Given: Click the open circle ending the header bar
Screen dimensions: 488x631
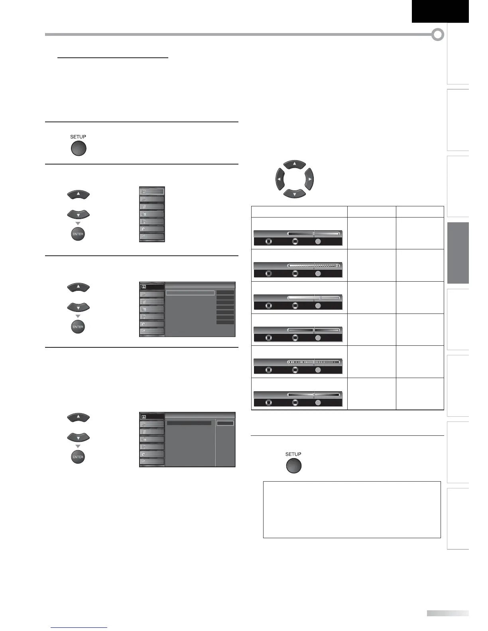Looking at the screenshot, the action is click(438, 35).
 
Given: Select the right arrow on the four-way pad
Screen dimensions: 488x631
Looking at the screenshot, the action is click(309, 179).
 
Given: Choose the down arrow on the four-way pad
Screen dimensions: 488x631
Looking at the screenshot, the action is click(294, 194).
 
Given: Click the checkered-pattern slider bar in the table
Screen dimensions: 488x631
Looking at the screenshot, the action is click(313, 266).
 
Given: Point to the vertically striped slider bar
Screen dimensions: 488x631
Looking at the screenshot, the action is click(313, 362).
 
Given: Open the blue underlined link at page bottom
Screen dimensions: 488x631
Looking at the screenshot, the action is click(79, 627).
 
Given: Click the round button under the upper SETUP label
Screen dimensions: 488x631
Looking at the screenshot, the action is click(78, 149).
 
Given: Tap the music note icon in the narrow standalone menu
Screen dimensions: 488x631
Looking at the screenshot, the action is click(152, 199).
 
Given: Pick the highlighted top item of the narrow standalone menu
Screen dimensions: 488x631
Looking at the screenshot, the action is click(152, 191).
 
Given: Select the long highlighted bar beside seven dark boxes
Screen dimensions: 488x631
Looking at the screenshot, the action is click(190, 293).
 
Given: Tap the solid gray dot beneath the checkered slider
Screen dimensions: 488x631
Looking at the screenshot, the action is click(318, 274).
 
